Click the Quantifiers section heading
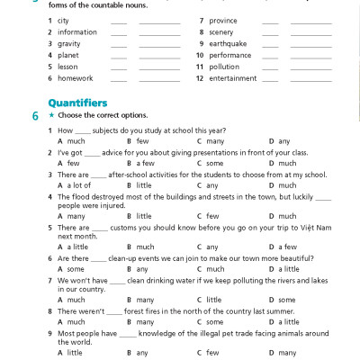76,103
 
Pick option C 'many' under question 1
214,141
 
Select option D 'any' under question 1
284,141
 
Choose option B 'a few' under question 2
144,163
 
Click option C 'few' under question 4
212,216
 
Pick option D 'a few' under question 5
288,247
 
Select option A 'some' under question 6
76,268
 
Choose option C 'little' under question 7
214,300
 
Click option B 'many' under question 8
145,321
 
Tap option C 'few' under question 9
212,353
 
